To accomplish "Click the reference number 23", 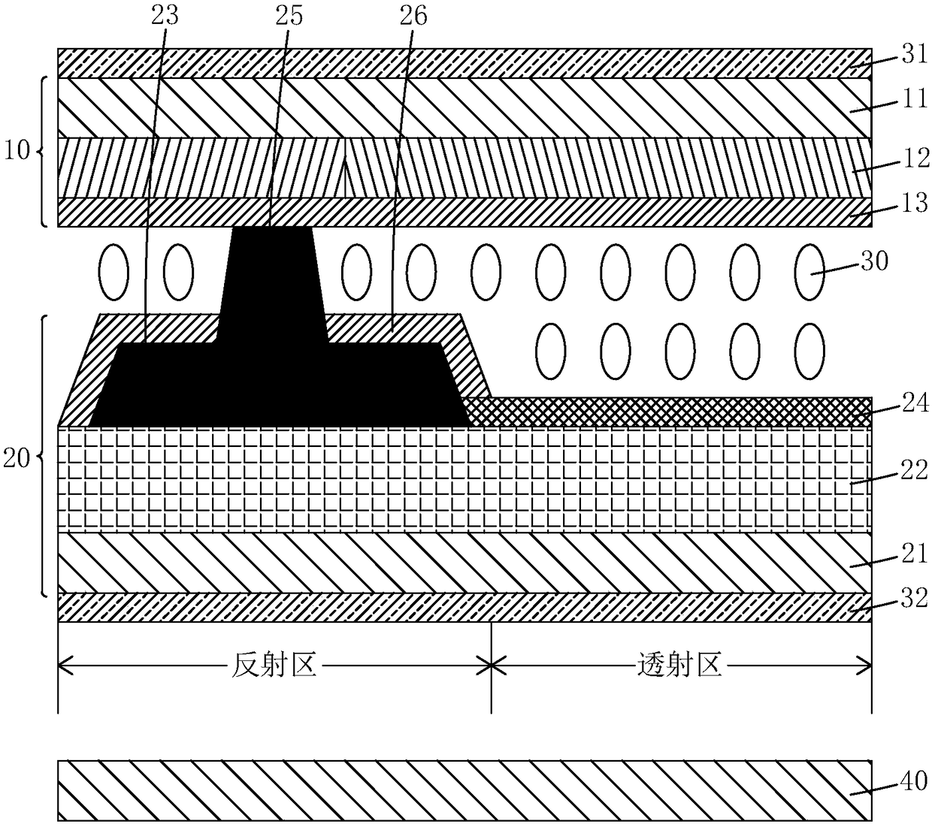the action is pos(165,16).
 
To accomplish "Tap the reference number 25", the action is pos(289,16).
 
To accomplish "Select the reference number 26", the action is pos(413,16).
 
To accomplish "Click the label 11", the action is pos(914,99).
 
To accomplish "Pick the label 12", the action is pos(915,159).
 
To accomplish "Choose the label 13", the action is pos(915,203).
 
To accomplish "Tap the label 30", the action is pos(874,261).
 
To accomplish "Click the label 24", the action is pos(915,403).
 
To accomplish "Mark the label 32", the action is pos(915,599).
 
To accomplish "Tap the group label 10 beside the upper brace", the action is pos(17,150).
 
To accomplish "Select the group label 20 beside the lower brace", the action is pos(17,459).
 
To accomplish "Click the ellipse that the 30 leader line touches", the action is pos(810,272).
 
